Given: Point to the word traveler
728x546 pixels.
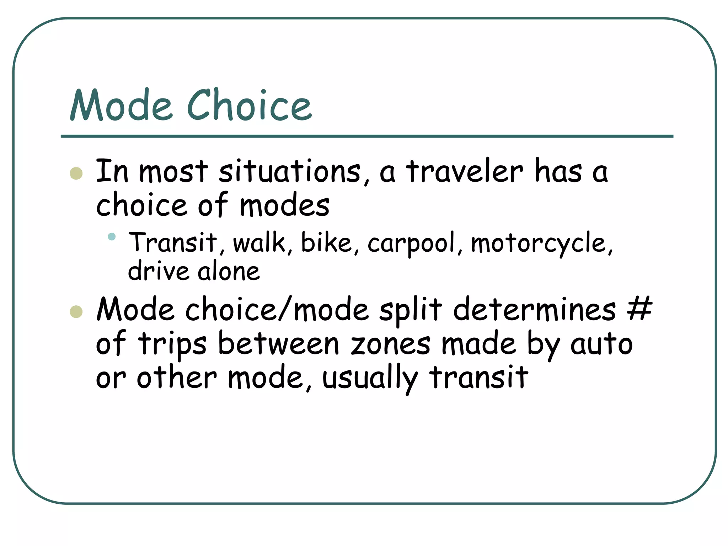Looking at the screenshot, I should tap(465, 172).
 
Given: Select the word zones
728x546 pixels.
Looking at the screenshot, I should tap(390, 344).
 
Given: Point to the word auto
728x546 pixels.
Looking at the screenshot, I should tap(601, 344).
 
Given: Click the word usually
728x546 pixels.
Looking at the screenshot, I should tap(370, 378).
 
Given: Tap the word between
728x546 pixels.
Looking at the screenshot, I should tap(278, 344).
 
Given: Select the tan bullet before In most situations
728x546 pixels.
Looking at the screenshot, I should tap(76, 173).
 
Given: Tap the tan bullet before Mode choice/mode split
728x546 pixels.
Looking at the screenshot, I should tap(76, 312).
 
